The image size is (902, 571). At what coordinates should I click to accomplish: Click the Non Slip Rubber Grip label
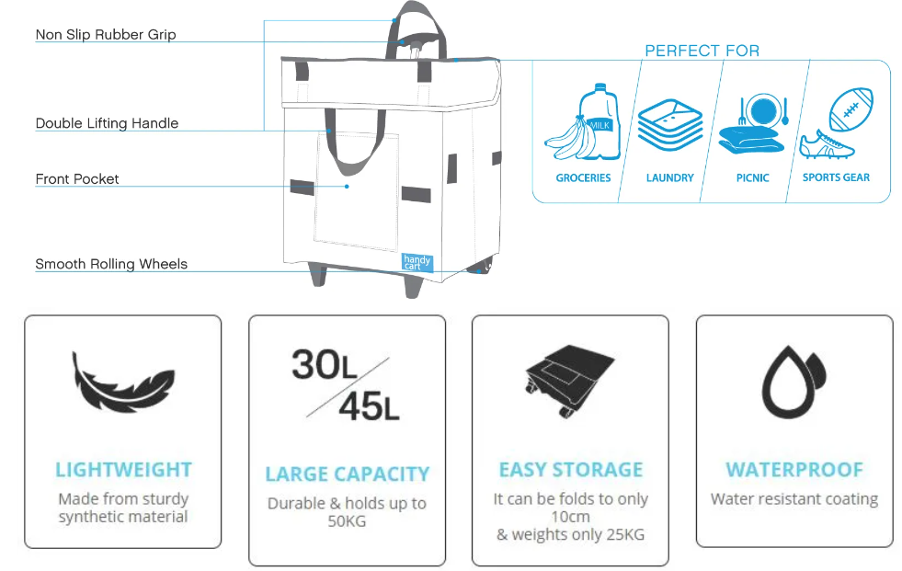[106, 35]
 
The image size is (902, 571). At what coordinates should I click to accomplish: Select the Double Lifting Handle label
[107, 123]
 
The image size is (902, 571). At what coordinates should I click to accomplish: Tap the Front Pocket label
[77, 179]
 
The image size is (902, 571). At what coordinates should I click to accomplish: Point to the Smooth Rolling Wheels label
[111, 264]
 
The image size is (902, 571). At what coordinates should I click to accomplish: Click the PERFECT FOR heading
[702, 51]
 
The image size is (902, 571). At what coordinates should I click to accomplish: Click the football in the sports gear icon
[850, 109]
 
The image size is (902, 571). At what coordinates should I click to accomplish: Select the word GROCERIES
[583, 177]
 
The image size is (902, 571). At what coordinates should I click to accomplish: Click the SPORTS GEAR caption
[836, 177]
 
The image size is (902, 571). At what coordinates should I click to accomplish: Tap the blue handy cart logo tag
[417, 263]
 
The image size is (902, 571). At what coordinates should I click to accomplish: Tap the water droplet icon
[794, 381]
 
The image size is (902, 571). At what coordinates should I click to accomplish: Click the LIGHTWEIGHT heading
[123, 470]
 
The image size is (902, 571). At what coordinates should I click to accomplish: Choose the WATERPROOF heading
[794, 470]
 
